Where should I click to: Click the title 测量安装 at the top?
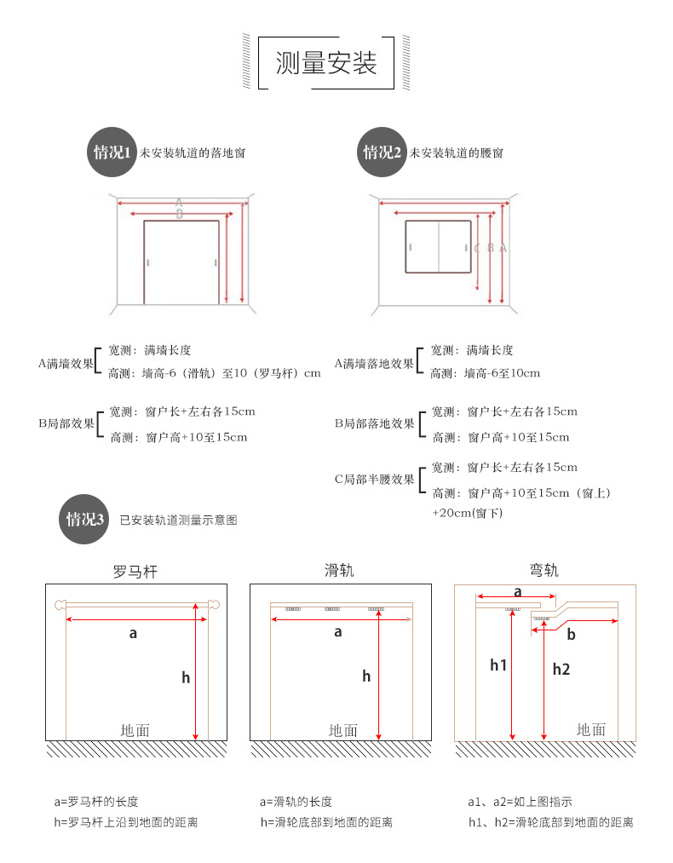326,63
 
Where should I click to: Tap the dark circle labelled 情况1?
112,153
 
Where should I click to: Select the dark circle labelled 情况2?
382,153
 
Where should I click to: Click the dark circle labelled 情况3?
85,520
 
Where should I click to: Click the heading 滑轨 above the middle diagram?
339,571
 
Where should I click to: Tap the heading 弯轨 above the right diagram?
544,571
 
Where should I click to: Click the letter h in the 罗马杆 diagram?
186,677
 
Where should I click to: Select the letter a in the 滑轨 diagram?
338,632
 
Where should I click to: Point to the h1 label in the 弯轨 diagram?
498,665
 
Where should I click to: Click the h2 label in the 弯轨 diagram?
561,669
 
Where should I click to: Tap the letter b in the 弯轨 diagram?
571,635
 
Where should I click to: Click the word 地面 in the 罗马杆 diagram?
135,730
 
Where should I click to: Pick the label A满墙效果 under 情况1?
66,364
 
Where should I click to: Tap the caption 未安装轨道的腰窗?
456,153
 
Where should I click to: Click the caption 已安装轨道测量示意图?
178,520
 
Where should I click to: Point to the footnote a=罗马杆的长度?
95,802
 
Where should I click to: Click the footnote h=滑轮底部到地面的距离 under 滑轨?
326,822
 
